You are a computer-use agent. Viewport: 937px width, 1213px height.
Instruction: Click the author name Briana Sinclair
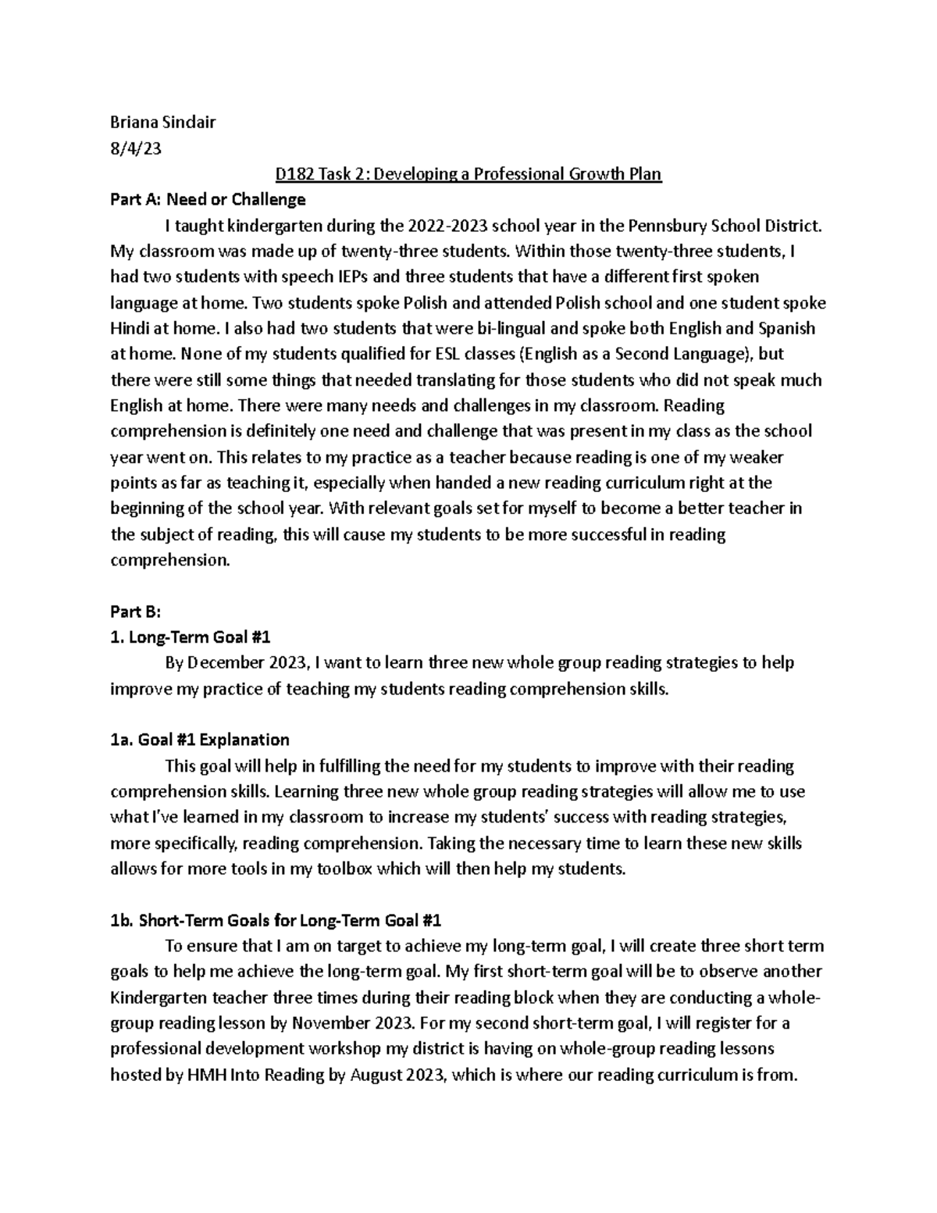(162, 122)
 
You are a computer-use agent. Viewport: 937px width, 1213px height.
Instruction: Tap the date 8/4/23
(136, 148)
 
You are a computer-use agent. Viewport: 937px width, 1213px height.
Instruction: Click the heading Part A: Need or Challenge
(208, 200)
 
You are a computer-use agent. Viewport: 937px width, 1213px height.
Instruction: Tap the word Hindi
(131, 329)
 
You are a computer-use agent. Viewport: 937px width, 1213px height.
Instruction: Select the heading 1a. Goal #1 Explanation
(200, 740)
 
